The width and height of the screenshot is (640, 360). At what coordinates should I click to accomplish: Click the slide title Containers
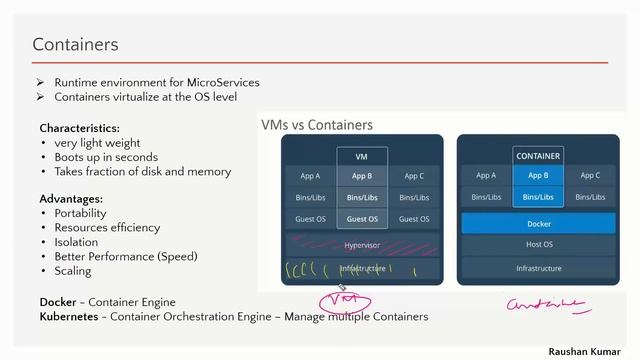(x=75, y=44)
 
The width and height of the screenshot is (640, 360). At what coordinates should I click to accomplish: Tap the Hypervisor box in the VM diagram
(x=362, y=244)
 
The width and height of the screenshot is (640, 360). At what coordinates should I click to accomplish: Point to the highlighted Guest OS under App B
(x=362, y=219)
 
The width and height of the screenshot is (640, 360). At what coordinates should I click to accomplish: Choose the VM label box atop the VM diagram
(x=362, y=156)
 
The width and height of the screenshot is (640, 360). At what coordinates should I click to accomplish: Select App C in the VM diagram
(x=414, y=176)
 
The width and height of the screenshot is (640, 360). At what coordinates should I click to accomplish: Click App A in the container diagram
(x=486, y=175)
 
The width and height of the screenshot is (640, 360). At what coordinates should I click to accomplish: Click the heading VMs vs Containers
(x=316, y=125)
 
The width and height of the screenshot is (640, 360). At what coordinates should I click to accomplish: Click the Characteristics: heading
(x=79, y=128)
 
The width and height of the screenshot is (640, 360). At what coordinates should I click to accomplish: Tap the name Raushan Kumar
(x=588, y=352)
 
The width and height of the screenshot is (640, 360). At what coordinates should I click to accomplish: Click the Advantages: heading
(x=71, y=198)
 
